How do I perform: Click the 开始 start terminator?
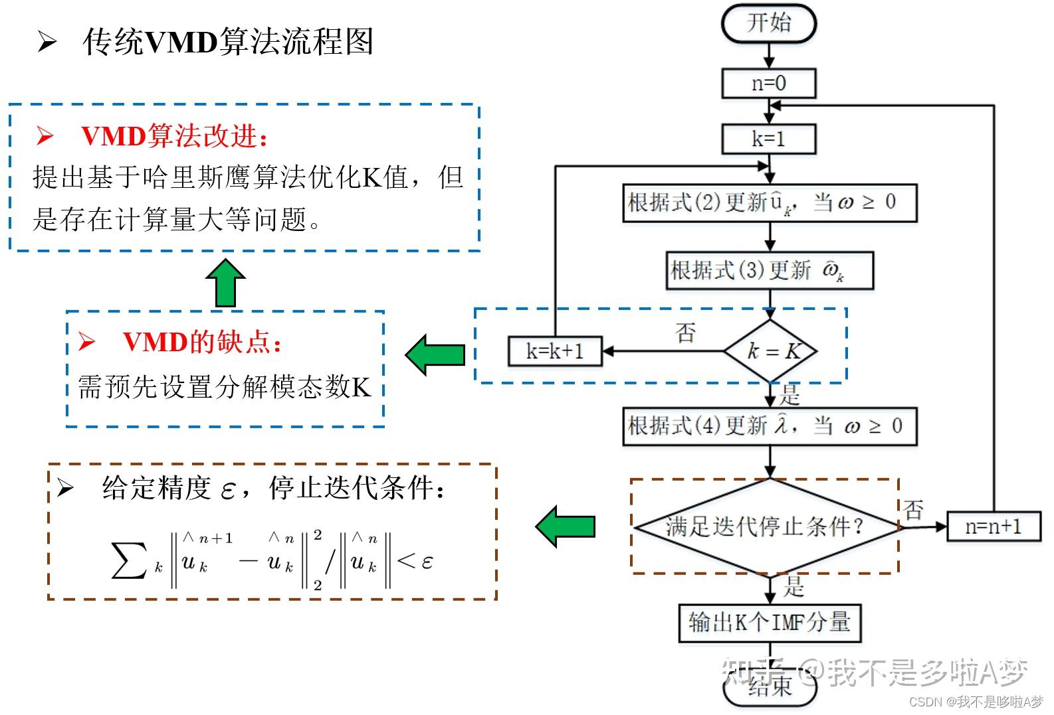(769, 24)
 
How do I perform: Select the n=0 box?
(769, 84)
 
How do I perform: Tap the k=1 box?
(769, 139)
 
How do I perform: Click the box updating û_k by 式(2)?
(769, 203)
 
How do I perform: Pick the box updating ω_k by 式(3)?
(769, 270)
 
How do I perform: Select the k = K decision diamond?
(770, 351)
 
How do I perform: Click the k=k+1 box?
(555, 351)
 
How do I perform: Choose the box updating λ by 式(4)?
(769, 426)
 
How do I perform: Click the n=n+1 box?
(993, 527)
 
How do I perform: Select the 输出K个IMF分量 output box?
(769, 623)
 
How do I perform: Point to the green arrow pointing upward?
(226, 283)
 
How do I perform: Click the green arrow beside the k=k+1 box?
(435, 355)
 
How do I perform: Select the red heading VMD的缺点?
(203, 342)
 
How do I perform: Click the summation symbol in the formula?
(129, 560)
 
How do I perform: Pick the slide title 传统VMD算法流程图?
(228, 42)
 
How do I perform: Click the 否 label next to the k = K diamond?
(686, 332)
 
